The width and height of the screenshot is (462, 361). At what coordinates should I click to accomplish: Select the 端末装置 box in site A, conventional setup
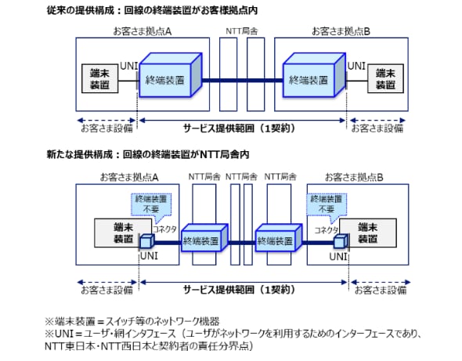pyautogui.click(x=99, y=79)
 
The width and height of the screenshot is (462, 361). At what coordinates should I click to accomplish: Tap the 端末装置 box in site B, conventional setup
pyautogui.click(x=385, y=79)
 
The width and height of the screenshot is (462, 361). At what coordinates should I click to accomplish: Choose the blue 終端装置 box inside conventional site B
pyautogui.click(x=312, y=79)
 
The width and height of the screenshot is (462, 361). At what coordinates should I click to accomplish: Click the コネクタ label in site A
pyautogui.click(x=164, y=228)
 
